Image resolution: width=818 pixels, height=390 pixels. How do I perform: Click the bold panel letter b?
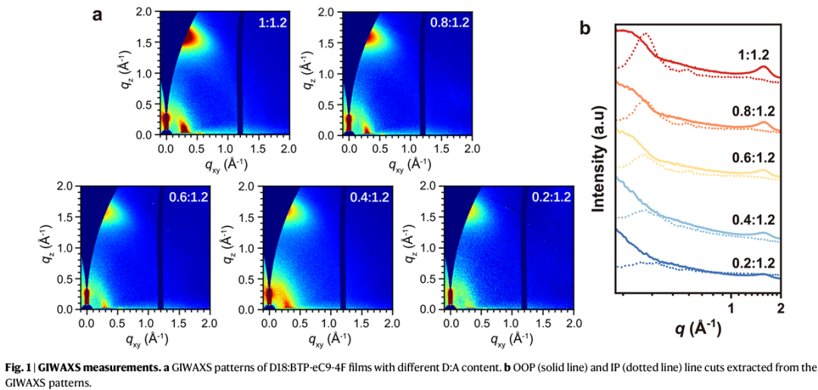tap(585, 27)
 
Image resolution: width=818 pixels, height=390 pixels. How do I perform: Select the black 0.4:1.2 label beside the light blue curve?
tap(754, 220)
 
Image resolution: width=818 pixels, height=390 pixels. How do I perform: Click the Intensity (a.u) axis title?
tap(599, 166)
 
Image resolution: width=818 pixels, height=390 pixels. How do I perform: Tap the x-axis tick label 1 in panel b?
tap(732, 307)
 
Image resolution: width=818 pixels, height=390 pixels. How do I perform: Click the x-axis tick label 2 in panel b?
tap(779, 307)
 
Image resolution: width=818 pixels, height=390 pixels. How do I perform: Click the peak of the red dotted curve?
tap(646, 34)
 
